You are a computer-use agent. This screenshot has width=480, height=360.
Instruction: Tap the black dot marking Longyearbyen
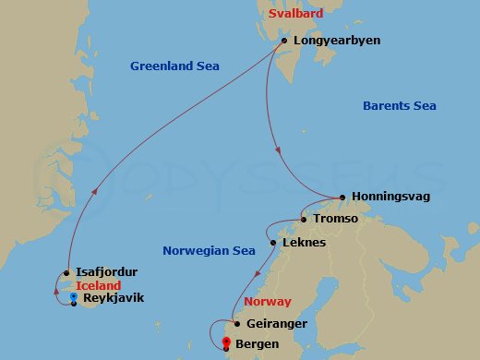[284, 40]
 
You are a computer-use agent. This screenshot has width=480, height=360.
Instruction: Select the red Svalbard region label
[294, 16]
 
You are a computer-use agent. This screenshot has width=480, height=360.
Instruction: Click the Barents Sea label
[398, 106]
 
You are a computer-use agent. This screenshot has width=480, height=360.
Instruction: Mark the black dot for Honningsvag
[342, 197]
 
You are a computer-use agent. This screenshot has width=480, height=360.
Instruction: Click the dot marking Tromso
[303, 220]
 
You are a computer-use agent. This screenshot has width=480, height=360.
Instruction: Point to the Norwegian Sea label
[209, 250]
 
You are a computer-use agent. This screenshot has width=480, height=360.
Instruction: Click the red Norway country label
[268, 302]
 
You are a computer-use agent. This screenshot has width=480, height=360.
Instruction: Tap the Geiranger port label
[276, 324]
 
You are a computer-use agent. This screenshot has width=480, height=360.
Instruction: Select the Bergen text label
[259, 344]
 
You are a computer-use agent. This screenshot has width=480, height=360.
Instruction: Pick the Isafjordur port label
[107, 272]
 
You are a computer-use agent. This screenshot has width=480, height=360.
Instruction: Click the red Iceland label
[99, 286]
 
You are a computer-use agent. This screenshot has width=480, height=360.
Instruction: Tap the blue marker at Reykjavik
[73, 298]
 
